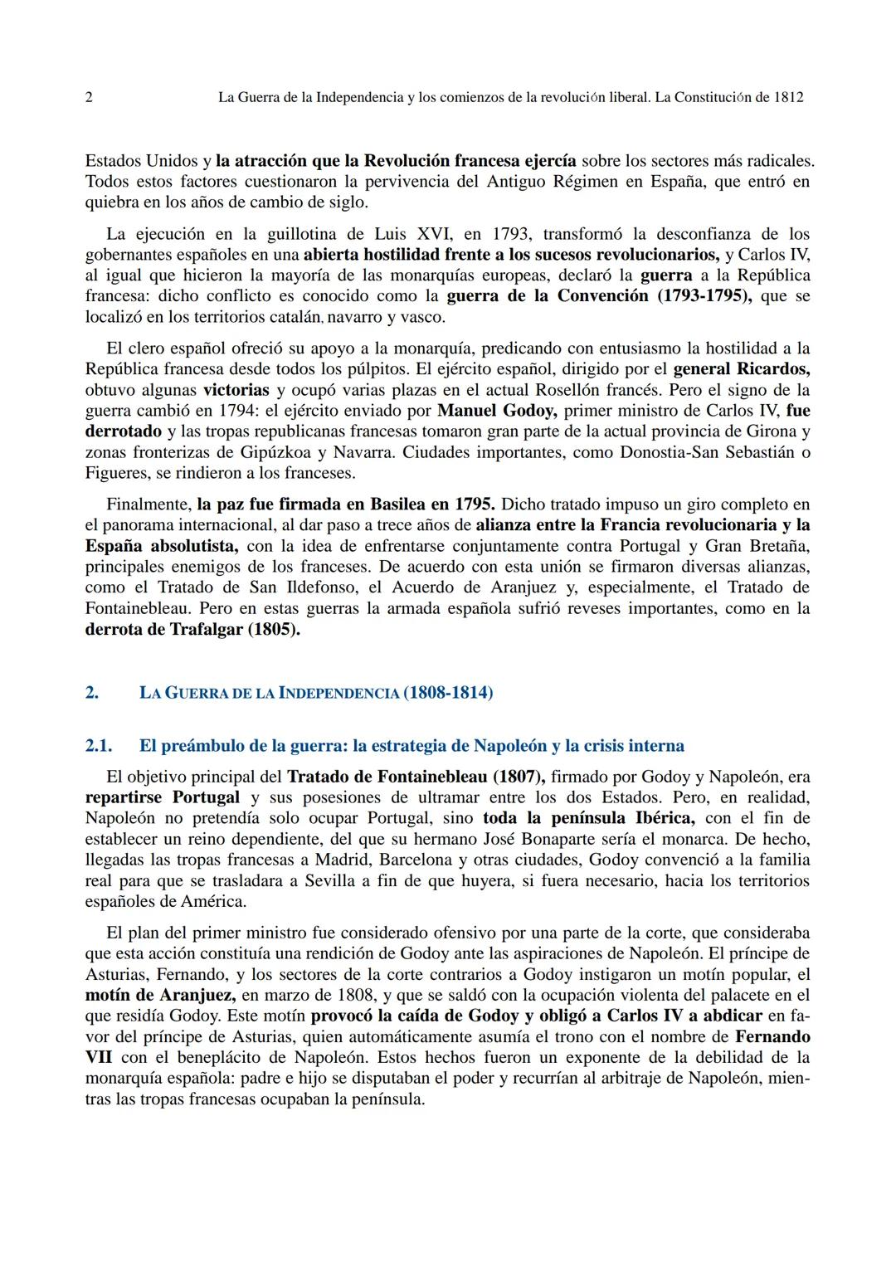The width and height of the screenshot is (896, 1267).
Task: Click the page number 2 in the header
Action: pyautogui.click(x=89, y=97)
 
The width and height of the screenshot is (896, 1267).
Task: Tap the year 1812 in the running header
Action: pyautogui.click(x=787, y=97)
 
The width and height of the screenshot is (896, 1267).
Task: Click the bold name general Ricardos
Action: pyautogui.click(x=741, y=369)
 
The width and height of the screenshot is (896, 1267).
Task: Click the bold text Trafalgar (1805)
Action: pyautogui.click(x=235, y=629)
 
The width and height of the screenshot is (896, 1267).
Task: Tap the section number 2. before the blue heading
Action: pyautogui.click(x=92, y=692)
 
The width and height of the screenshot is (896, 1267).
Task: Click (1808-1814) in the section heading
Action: pyautogui.click(x=448, y=692)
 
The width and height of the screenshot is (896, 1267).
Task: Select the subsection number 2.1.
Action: pyautogui.click(x=98, y=746)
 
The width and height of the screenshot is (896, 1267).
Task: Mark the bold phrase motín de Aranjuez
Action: pyautogui.click(x=160, y=995)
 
